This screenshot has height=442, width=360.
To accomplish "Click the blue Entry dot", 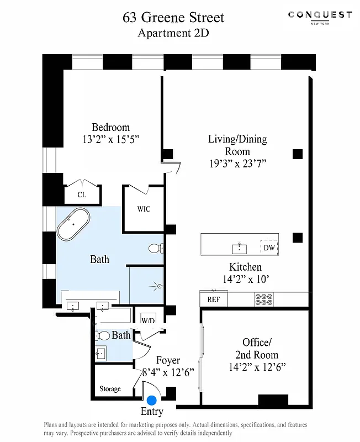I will point(151,400).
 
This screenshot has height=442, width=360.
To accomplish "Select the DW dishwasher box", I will point(269,248).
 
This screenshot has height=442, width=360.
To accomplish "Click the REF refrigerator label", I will point(213,300).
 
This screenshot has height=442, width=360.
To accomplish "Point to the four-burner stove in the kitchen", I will point(264,299).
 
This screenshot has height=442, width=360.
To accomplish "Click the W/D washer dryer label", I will point(147,321).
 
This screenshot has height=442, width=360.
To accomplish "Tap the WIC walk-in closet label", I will point(144,209).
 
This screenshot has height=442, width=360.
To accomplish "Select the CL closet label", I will point(82,194).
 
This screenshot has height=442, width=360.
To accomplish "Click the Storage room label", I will point(110,389).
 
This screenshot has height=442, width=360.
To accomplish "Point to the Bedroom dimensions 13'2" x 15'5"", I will point(110,140).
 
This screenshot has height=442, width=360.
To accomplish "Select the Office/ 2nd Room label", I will point(257,349).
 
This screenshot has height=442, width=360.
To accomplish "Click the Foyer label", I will point(168,361).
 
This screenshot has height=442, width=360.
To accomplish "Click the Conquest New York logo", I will point(320,17).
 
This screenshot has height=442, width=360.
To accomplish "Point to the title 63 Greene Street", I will point(173,18).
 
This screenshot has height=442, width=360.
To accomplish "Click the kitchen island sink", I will point(240,246).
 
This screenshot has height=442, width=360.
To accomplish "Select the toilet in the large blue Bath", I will point(156,248).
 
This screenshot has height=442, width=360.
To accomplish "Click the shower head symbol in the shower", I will point(158,286).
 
